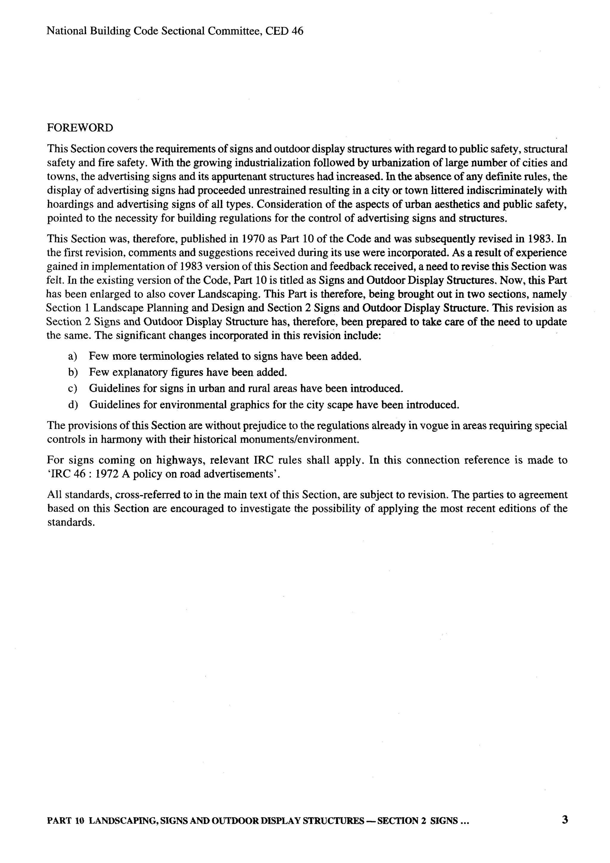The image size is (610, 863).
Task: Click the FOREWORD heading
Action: pos(80,128)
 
